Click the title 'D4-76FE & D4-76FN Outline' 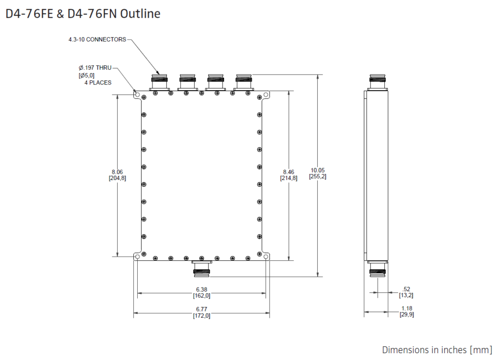83,14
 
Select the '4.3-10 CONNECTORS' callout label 97,39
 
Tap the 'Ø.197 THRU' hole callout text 95,68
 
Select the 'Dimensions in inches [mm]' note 437,350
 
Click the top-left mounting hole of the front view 137,95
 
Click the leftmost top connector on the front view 160,82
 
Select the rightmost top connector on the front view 244,82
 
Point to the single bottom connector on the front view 201,268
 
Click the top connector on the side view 377,82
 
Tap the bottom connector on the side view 377,268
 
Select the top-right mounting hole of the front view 266,95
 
